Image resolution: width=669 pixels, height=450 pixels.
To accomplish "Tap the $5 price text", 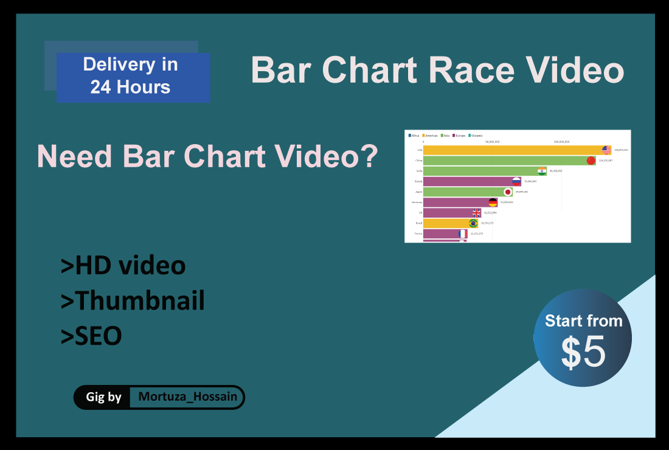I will [583, 353].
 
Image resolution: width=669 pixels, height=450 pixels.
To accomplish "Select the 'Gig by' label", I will [104, 398].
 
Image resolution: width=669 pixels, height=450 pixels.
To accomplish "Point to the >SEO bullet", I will [91, 336].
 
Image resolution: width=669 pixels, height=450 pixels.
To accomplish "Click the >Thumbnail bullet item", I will [133, 301].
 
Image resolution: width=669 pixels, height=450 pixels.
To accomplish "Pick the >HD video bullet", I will [123, 266].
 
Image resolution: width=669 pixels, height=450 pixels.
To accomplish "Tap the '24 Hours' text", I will [130, 87].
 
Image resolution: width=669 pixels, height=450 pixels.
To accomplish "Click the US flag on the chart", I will [606, 150].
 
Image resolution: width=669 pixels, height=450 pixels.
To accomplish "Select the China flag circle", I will [591, 161].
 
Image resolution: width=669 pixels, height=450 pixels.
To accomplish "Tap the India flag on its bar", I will [541, 171].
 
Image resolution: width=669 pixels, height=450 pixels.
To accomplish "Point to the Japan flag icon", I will [508, 192].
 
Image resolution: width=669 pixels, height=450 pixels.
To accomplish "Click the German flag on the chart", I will [493, 202].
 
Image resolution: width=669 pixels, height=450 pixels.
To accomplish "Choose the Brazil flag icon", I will [473, 223].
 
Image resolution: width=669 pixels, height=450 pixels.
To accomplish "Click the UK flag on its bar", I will [477, 213].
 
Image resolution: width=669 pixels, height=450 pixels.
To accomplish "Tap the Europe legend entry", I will [459, 136].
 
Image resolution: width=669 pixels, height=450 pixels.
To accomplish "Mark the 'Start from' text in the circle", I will [583, 320].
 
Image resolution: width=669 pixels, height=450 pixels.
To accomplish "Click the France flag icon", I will [463, 234].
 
